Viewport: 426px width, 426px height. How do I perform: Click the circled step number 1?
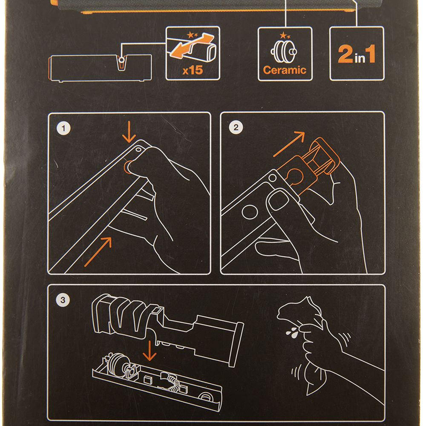click(x=63, y=128)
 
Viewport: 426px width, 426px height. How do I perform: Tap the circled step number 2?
click(x=236, y=127)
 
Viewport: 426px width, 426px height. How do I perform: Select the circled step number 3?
click(x=63, y=300)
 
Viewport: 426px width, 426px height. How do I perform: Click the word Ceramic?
click(x=285, y=70)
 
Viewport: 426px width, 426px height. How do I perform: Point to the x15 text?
click(x=193, y=70)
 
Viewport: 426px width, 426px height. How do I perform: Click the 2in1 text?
click(x=357, y=54)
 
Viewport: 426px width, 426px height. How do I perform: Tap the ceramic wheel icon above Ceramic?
click(x=284, y=52)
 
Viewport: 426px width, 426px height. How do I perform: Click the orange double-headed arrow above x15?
click(x=192, y=46)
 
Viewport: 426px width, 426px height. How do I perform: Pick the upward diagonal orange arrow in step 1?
click(x=98, y=252)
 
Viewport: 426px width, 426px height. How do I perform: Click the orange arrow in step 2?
click(x=289, y=144)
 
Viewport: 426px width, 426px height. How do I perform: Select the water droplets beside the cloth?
click(x=292, y=333)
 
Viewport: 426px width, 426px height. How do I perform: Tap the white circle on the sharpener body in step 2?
click(x=250, y=212)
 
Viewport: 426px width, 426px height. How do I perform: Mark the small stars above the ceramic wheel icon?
click(x=285, y=35)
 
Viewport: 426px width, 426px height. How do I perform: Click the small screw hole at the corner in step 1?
click(x=138, y=150)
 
